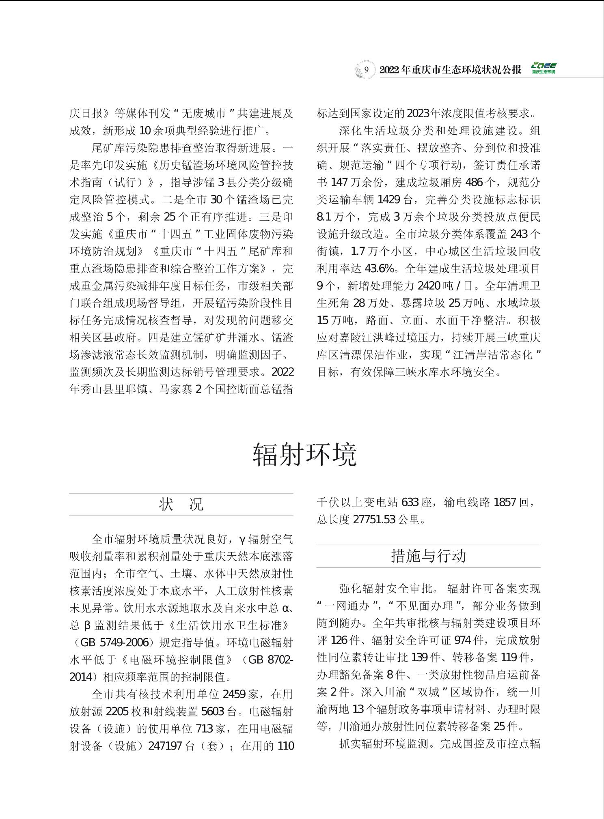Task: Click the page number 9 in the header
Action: click(x=366, y=69)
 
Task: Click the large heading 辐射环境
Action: click(x=304, y=455)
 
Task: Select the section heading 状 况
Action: click(x=181, y=504)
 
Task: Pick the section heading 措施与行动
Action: click(x=428, y=556)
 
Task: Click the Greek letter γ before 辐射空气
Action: click(x=242, y=539)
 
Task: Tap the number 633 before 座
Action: click(x=410, y=503)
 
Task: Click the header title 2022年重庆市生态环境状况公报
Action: click(x=450, y=69)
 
